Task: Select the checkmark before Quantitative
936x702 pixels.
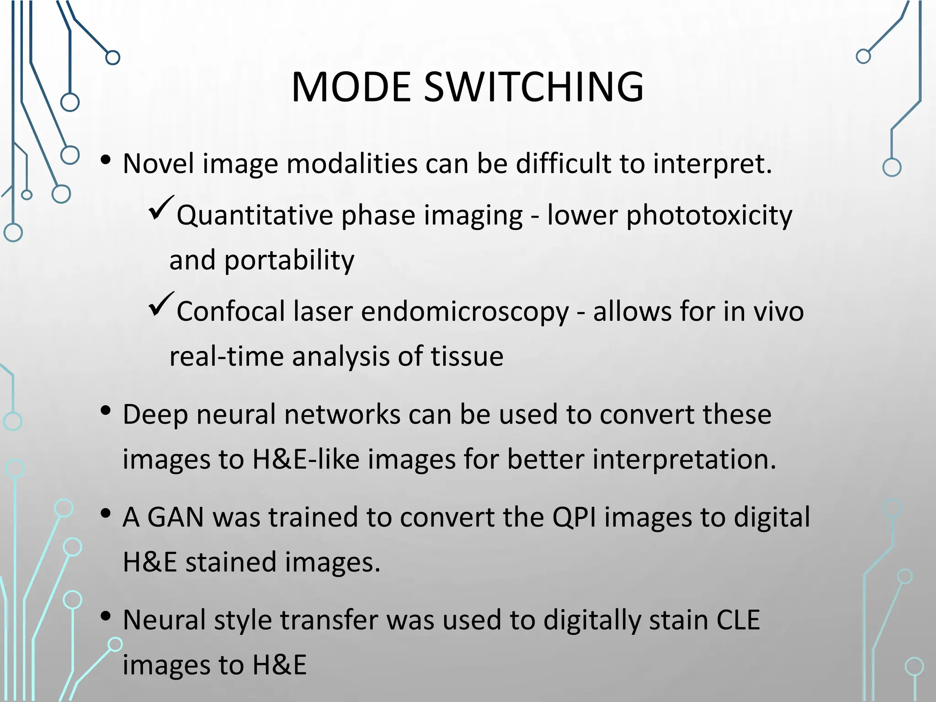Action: tap(160, 208)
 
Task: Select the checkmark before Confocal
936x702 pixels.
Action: tap(160, 304)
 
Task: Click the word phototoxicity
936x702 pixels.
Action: tap(709, 215)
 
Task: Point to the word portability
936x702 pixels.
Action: tap(289, 261)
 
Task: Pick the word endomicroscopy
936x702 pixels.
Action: tap(465, 312)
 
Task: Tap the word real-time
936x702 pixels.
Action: tap(226, 356)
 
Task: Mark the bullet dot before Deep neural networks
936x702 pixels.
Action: tap(106, 411)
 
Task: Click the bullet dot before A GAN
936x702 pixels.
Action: tap(106, 514)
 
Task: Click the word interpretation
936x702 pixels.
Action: tap(684, 459)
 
